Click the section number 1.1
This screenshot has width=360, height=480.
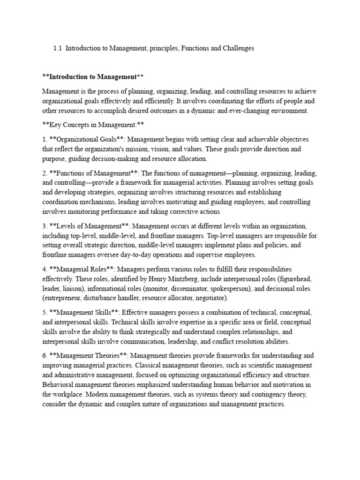point(58,48)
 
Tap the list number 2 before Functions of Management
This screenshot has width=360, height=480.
point(44,173)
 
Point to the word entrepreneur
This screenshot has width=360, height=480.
point(62,298)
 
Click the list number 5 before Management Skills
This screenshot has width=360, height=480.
point(44,312)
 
